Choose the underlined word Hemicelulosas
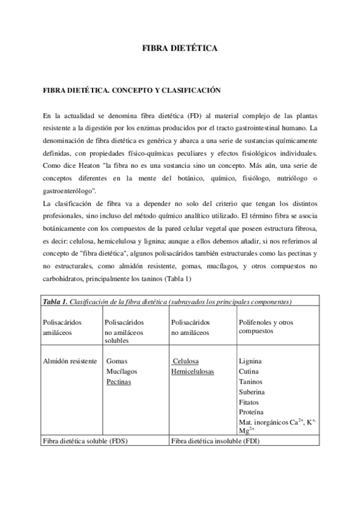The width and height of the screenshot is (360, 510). (x=192, y=371)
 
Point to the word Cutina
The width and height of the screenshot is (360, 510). (x=249, y=371)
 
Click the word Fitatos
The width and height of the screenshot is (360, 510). (x=249, y=402)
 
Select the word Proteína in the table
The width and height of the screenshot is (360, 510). (x=252, y=412)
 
